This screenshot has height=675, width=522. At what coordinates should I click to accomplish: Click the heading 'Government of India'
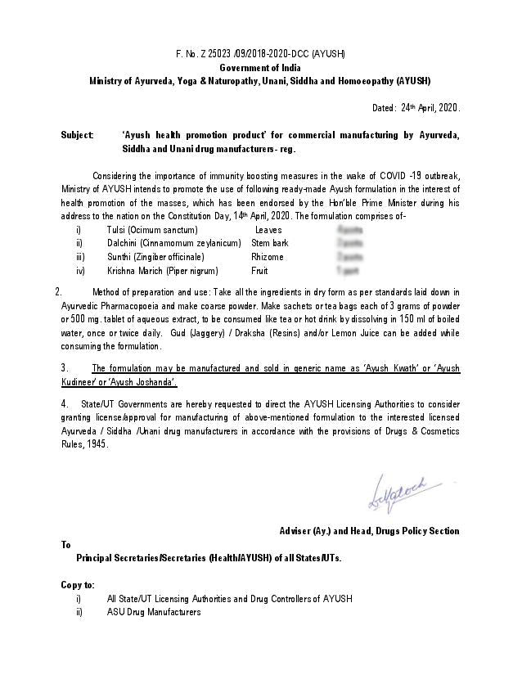click(260, 68)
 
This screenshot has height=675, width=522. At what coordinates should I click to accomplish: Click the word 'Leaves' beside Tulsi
click(268, 231)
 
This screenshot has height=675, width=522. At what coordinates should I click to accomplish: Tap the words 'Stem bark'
click(270, 244)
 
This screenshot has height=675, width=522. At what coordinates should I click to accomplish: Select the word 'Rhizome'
click(268, 257)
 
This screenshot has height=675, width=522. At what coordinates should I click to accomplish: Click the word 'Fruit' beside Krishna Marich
click(260, 270)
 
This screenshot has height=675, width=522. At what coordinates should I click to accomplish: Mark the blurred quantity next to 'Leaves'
click(349, 231)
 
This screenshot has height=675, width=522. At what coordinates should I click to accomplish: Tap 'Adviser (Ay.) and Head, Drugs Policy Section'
click(369, 531)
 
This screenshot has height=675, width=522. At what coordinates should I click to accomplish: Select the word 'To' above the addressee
click(66, 545)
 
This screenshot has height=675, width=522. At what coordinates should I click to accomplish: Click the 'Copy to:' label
click(78, 585)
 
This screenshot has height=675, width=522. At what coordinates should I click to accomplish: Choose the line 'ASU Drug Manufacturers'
click(154, 612)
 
